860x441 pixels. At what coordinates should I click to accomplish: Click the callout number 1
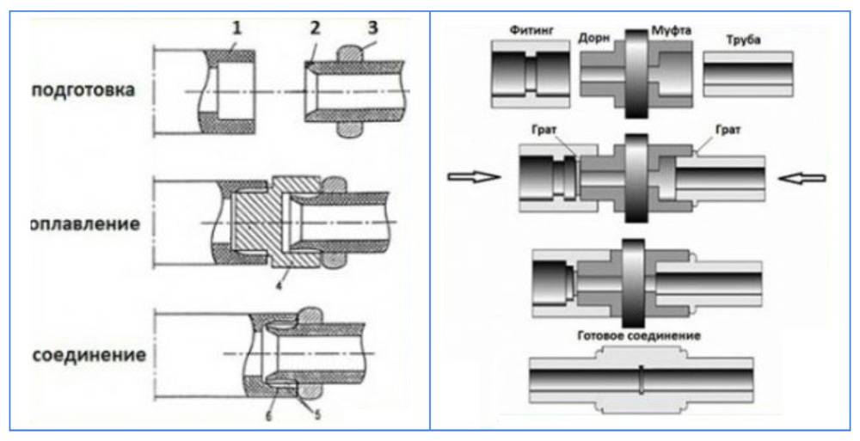click(x=235, y=28)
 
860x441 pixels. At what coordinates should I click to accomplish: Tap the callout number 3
click(x=372, y=28)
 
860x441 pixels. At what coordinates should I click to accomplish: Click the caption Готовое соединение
click(x=638, y=335)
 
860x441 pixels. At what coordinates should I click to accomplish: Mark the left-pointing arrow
click(x=801, y=177)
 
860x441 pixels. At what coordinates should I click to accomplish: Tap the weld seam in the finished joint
click(x=642, y=379)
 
